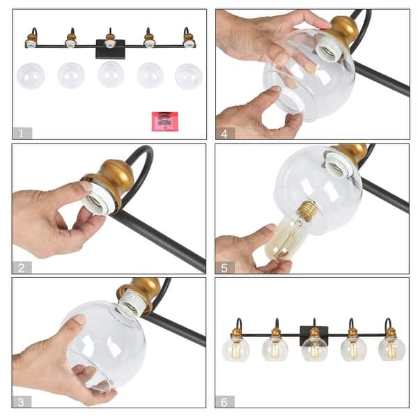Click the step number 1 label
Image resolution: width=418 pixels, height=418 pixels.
[22, 132]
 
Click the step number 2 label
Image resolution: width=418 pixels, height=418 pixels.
[22, 267]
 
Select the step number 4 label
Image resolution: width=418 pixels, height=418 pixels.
[225, 132]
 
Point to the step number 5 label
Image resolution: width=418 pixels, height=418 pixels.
[225, 267]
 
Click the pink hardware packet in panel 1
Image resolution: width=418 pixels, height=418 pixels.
[165, 121]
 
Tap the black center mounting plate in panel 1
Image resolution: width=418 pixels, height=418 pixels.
[110, 49]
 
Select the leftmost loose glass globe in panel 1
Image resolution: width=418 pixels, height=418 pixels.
[31, 75]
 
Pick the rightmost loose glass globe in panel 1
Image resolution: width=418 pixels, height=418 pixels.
[189, 76]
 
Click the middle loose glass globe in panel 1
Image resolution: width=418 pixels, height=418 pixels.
[111, 75]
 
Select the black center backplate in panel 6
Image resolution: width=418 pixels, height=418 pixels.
[313, 334]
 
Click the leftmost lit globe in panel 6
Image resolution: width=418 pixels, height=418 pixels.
[235, 348]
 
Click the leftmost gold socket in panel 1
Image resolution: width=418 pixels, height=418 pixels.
[31, 38]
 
